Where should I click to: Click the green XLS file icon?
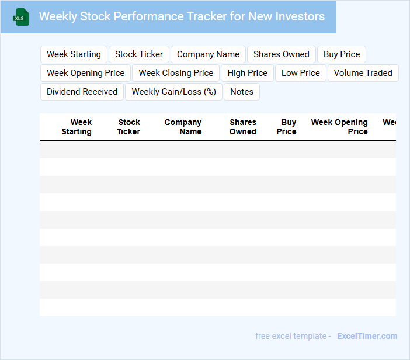[x=21, y=17]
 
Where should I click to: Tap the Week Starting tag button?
[x=74, y=54]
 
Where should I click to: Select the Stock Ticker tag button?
[x=139, y=54]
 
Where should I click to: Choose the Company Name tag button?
[x=208, y=54]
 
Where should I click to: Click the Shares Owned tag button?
[x=282, y=54]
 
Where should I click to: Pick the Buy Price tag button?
[x=342, y=54]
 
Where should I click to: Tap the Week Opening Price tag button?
[x=85, y=73]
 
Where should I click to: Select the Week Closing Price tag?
[x=176, y=73]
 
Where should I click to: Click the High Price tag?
[x=248, y=73]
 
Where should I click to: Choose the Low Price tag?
[x=301, y=73]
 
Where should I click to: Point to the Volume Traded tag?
[x=363, y=73]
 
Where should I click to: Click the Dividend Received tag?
[x=82, y=92]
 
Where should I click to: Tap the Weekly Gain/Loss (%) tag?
[x=173, y=92]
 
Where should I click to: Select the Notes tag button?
[x=242, y=92]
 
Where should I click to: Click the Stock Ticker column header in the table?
[x=128, y=127]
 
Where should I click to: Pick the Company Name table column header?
[x=183, y=127]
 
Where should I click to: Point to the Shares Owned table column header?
[x=243, y=127]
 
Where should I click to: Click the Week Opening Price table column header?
[x=339, y=127]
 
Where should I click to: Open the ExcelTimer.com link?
[x=367, y=336]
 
